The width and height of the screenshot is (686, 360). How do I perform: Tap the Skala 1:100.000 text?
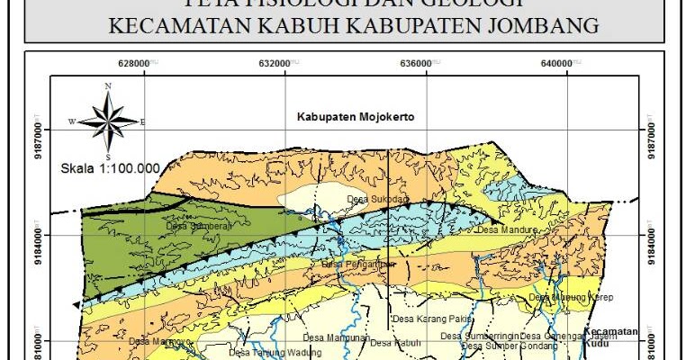pyautogui.click(x=110, y=167)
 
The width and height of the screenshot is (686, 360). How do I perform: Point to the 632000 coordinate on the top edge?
pyautogui.click(x=273, y=63)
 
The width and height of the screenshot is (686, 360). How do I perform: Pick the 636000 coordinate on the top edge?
pyautogui.click(x=414, y=63)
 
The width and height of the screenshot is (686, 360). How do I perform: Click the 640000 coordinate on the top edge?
pyautogui.click(x=556, y=63)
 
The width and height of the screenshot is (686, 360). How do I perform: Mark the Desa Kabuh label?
pyautogui.click(x=396, y=343)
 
